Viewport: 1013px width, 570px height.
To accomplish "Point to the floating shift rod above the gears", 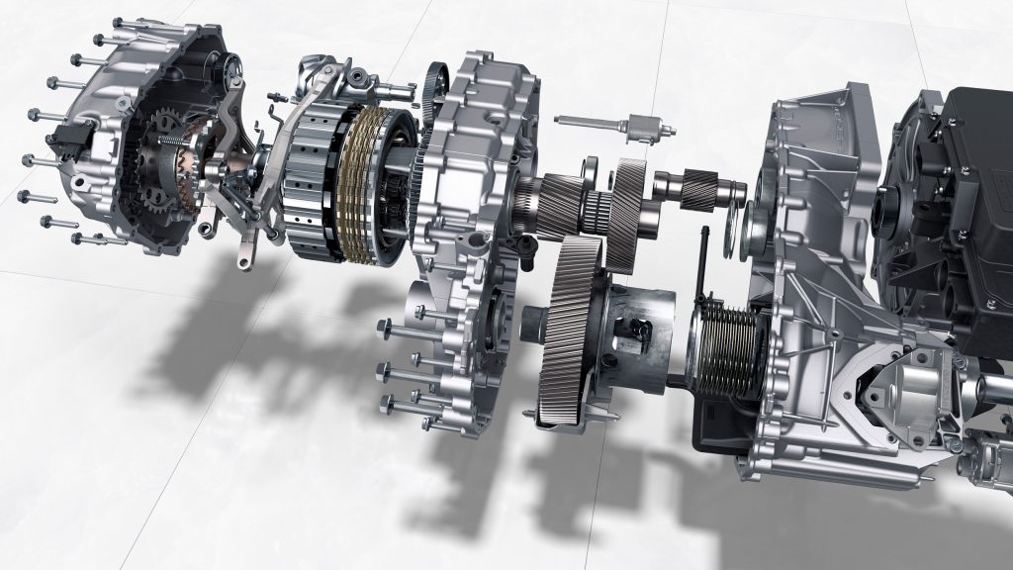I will tap(613, 126).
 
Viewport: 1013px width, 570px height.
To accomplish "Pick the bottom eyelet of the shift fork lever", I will tap(242, 262).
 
